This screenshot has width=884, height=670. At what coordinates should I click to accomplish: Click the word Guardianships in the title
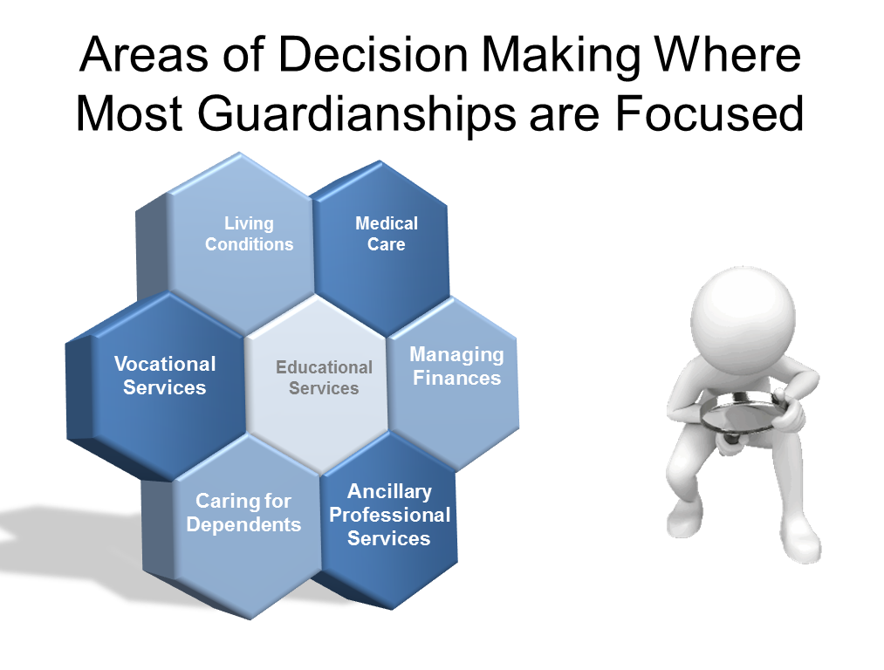357,113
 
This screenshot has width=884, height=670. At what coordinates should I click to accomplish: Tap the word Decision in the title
373,55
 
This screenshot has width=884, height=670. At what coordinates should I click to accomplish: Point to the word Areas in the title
144,55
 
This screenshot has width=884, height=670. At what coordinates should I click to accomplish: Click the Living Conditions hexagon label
250,234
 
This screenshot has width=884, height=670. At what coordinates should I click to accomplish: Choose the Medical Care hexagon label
387,234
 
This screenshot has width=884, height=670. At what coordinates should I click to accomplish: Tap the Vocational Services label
165,376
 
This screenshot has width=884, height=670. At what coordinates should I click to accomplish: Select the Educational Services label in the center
324,378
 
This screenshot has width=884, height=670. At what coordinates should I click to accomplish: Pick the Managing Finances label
456,366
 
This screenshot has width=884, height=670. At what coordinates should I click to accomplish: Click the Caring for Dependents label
243,513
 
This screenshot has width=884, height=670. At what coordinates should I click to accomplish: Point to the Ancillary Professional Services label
389,515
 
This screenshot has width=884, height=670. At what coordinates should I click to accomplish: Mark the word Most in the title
129,113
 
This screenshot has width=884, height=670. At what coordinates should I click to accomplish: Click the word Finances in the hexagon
456,378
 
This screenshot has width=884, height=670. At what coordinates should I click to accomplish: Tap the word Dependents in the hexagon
243,524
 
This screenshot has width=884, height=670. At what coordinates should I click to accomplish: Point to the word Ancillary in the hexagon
389,492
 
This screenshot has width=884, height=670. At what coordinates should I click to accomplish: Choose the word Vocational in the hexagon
165,364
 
